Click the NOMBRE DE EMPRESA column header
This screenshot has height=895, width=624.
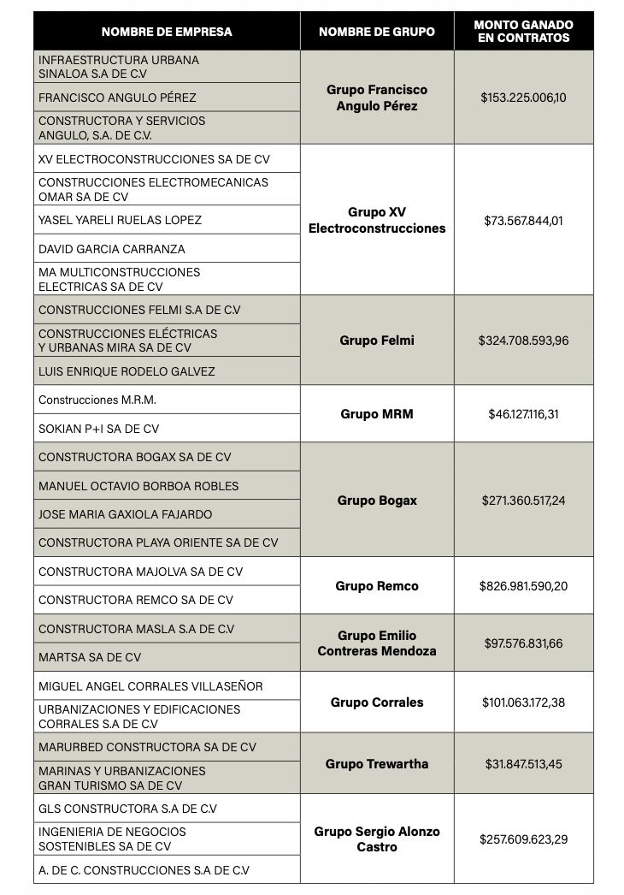(167, 32)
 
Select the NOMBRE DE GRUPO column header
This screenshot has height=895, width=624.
(376, 32)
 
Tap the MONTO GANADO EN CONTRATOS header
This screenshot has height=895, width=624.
(523, 32)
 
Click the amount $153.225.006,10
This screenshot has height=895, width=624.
(523, 98)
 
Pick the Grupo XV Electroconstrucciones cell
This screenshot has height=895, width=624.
(376, 220)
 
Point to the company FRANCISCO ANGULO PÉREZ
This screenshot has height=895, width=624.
(117, 98)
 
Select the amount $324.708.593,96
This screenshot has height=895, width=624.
(523, 341)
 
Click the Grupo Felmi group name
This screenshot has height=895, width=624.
(376, 341)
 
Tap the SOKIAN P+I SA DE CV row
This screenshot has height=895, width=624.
(98, 429)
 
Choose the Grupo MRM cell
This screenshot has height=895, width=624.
(376, 414)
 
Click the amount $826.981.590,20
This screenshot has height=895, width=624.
(523, 586)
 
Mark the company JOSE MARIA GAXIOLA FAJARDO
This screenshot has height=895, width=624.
(125, 514)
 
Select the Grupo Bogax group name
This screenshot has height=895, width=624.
(376, 501)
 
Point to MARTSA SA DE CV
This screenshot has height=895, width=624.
(90, 657)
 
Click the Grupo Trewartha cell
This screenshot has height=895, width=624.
(376, 764)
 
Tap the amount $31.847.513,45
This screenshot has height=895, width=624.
(523, 764)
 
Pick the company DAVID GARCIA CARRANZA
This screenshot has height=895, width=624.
(111, 249)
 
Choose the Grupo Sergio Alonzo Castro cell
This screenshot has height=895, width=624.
(376, 839)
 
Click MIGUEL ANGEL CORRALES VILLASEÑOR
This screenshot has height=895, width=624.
(150, 686)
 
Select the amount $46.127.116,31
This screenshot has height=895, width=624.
(523, 414)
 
